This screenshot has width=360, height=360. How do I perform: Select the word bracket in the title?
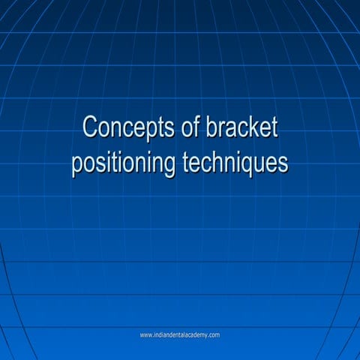[241, 127]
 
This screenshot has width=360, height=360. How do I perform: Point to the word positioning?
[124, 163]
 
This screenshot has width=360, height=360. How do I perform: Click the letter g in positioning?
[169, 165]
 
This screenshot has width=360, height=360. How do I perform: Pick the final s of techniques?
[283, 163]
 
